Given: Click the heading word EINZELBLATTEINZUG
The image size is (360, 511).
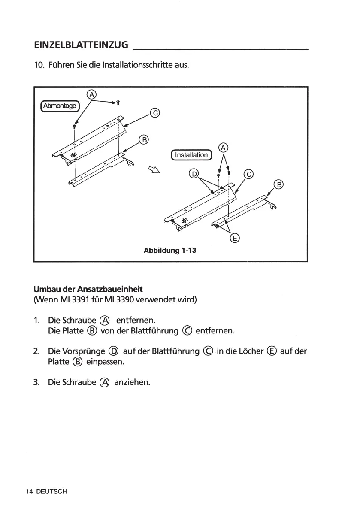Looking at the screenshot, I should (x=81, y=45).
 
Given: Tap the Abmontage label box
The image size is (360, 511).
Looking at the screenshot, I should (x=59, y=106).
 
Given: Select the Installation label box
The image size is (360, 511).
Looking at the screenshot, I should (x=191, y=155).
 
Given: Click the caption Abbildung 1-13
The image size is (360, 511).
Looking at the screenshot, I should (x=170, y=250).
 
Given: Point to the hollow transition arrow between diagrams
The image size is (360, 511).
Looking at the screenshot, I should (x=154, y=170).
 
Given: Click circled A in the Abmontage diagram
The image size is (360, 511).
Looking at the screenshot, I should (x=92, y=94).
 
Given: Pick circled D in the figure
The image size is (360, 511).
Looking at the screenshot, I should (x=194, y=174).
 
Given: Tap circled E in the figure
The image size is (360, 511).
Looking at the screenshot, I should (x=235, y=238).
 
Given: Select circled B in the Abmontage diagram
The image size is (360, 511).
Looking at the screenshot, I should (x=144, y=139).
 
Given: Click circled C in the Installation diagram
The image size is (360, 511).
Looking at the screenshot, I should (x=249, y=174).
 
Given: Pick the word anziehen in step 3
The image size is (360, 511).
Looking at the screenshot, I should (x=132, y=382).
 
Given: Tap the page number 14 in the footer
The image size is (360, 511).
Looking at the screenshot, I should (x=30, y=491).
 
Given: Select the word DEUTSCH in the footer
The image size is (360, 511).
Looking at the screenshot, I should (x=51, y=491).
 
